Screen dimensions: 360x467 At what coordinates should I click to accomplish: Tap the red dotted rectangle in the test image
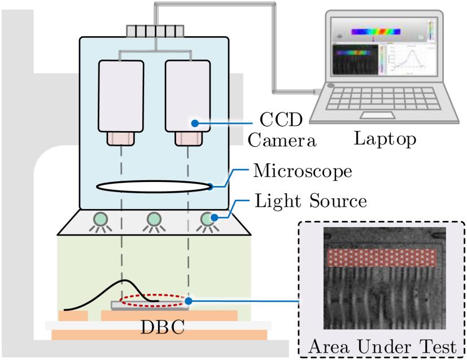coord(382,257)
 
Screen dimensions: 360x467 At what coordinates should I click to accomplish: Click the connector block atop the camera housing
coord(155,30)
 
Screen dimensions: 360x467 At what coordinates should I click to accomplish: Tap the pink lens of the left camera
coord(120,138)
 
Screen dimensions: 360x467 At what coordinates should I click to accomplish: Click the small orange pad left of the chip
coord(73,315)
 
